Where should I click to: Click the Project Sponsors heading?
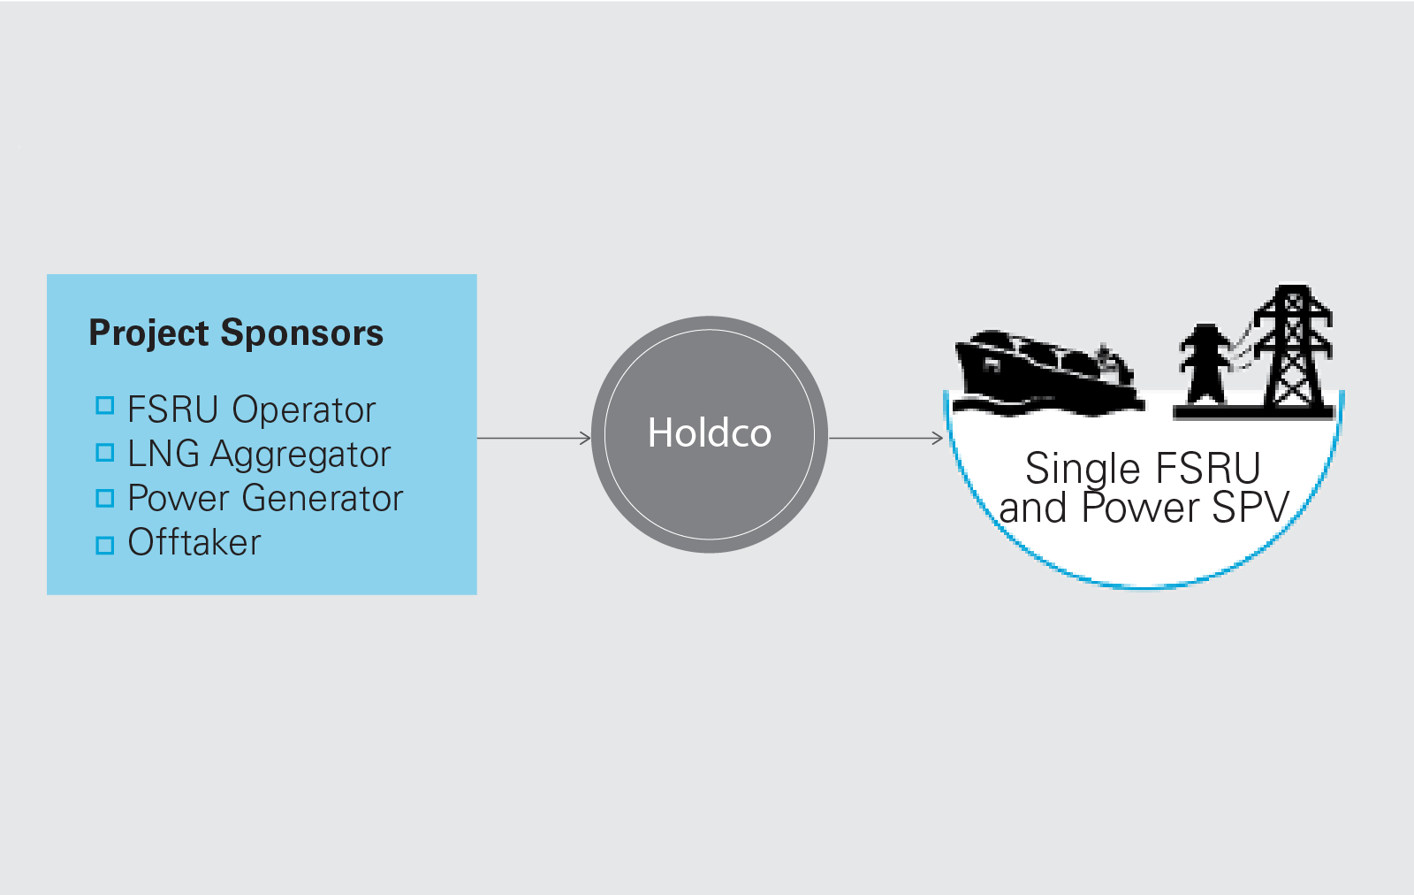click(236, 333)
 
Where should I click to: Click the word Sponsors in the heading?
click(302, 333)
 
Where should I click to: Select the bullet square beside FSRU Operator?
click(105, 406)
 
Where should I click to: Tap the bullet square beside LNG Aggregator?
click(105, 453)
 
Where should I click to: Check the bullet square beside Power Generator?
click(105, 499)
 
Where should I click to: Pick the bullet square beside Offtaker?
click(105, 545)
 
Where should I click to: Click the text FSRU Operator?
click(251, 410)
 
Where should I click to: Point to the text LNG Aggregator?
click(258, 455)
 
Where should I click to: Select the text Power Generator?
click(265, 499)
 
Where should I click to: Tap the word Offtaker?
click(194, 543)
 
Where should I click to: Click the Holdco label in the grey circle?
click(710, 433)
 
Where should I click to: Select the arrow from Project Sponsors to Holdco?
click(534, 438)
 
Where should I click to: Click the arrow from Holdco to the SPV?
click(886, 438)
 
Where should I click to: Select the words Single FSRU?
click(1143, 469)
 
